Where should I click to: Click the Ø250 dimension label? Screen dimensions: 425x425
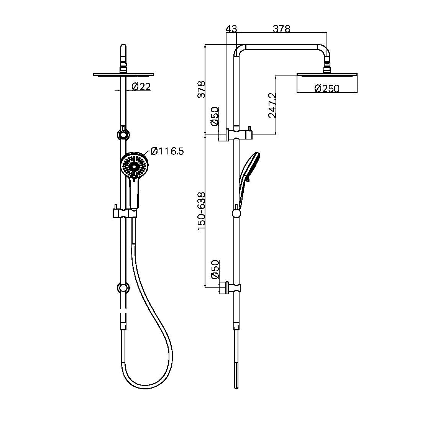coord(327,89)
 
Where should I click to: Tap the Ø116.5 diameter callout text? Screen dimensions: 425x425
coord(167,151)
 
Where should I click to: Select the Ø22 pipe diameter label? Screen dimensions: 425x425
coord(141,87)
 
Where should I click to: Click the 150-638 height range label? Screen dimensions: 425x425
coord(202,211)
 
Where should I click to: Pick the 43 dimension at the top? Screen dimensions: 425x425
coord(231,29)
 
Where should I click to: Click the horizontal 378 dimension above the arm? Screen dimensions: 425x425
coord(282,29)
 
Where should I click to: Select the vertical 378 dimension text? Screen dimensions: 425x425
coord(202,90)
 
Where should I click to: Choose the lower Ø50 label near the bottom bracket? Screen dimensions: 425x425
coord(215,269)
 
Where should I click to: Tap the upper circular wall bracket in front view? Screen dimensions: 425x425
coord(123,135)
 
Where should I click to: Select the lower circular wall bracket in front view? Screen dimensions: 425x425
coord(123,287)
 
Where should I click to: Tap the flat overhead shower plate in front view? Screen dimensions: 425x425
coord(123,74)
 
